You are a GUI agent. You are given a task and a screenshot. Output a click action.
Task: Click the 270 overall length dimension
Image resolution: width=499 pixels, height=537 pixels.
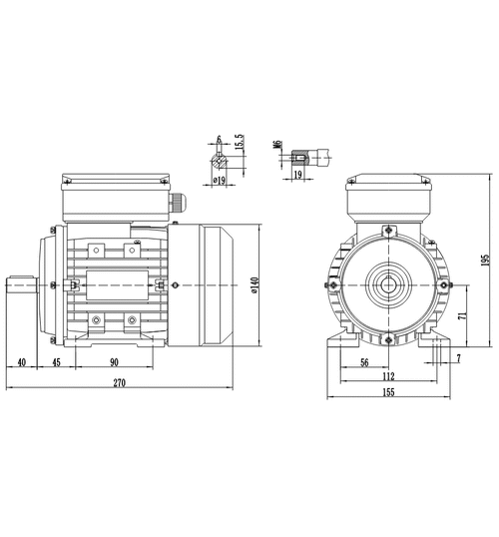click(x=120, y=382)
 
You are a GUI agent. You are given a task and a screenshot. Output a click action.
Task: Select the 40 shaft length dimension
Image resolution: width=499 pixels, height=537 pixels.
click(x=22, y=362)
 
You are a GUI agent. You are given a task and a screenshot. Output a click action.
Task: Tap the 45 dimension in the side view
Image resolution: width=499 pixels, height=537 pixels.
click(x=56, y=362)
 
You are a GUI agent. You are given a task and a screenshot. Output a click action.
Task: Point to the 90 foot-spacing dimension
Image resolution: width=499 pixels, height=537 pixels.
click(x=114, y=362)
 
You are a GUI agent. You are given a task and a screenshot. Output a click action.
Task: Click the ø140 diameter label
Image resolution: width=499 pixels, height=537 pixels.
click(x=254, y=284)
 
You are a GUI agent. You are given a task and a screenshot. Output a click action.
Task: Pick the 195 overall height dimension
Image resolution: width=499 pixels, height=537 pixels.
click(x=485, y=261)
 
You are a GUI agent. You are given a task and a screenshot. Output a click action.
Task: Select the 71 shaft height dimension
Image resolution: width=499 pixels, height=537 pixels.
click(x=462, y=315)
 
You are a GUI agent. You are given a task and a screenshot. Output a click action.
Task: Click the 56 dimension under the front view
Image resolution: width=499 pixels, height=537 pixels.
click(x=364, y=362)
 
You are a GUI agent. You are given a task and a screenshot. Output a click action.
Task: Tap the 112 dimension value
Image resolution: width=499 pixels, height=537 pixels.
click(x=388, y=376)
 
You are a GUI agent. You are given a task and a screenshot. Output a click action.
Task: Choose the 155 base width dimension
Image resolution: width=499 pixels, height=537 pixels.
click(x=388, y=392)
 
